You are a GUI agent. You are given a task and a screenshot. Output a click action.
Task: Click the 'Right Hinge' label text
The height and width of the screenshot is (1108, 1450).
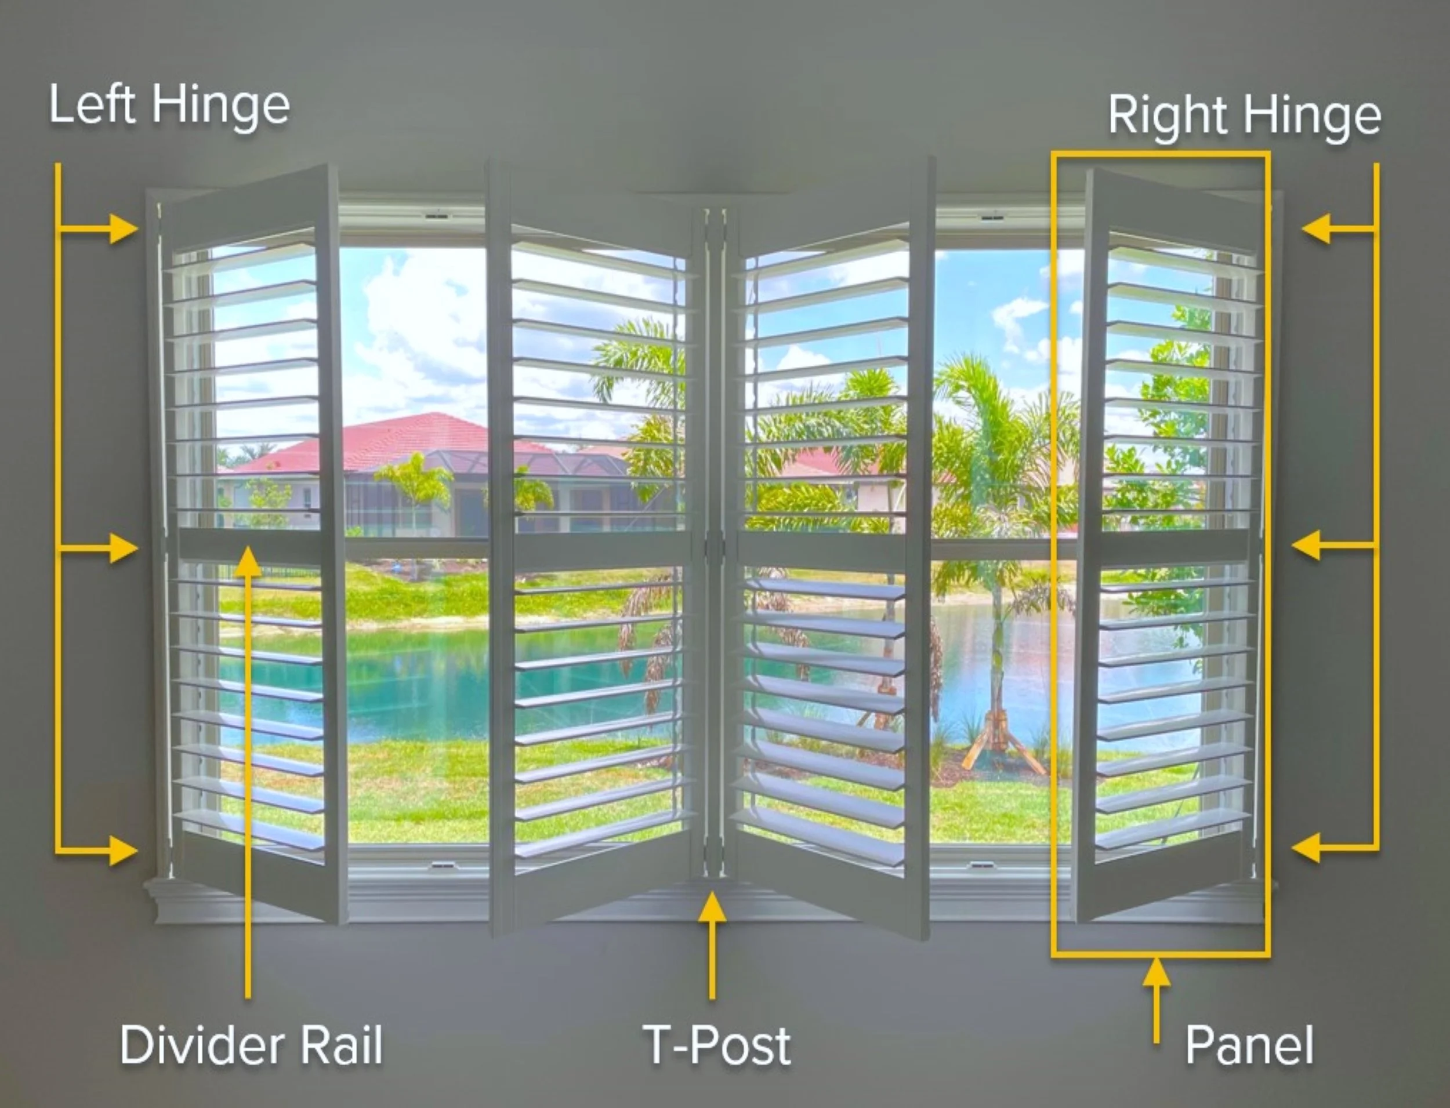coord(1244,115)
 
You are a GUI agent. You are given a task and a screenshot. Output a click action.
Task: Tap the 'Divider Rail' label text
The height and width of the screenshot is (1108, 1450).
coord(251,1045)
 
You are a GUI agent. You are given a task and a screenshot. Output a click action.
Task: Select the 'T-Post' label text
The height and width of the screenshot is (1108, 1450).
coord(717,1045)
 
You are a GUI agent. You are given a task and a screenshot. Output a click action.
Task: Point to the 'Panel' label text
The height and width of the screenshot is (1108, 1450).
coord(1249,1045)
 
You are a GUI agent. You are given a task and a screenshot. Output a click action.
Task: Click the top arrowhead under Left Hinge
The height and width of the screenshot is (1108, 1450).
coord(124,229)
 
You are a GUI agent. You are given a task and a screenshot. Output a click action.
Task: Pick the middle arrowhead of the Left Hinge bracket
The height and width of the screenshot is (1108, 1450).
coord(124,547)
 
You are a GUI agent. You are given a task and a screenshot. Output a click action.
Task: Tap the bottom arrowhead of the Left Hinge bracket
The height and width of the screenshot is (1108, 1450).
coord(124,850)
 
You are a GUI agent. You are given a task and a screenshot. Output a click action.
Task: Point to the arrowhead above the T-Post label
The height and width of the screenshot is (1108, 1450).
coord(712,907)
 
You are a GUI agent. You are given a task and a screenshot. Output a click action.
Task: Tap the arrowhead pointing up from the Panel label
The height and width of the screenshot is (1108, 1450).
coord(1157,973)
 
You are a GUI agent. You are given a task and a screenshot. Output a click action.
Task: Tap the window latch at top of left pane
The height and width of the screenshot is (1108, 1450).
coord(436,216)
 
